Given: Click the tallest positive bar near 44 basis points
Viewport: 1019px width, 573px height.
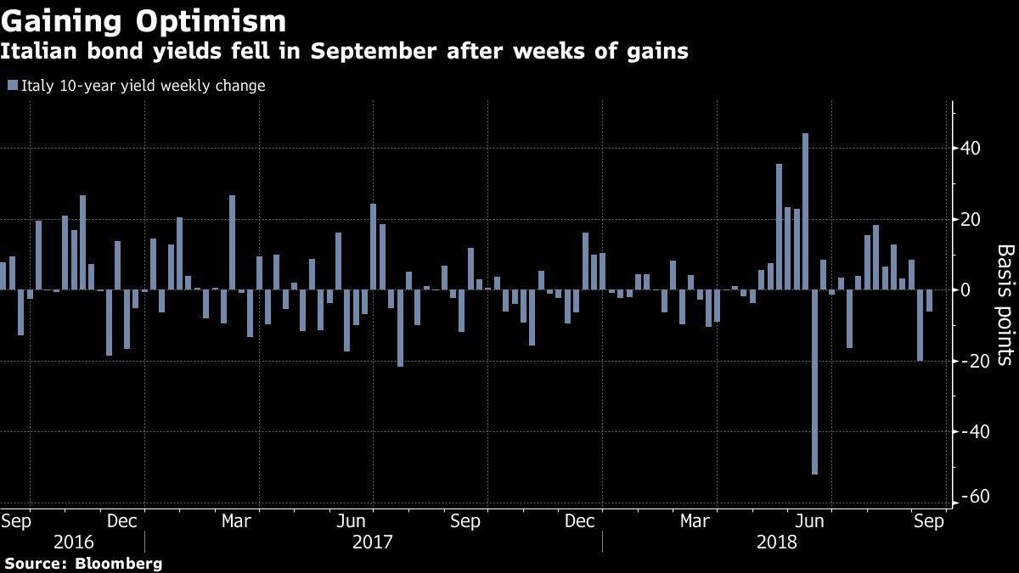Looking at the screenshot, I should (x=805, y=211).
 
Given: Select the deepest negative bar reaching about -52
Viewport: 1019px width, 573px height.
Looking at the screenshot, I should (x=814, y=382).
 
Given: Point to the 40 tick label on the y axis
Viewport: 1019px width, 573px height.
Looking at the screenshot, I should (x=971, y=149).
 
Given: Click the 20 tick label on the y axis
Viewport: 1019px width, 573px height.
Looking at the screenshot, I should (x=971, y=220).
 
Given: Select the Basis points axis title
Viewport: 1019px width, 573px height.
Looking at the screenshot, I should (x=1005, y=305).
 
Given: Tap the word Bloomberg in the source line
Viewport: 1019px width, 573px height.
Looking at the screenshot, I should (x=118, y=563).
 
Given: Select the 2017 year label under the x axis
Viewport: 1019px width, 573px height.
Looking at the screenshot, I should (x=372, y=542).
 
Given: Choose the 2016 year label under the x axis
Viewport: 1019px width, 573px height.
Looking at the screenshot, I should (x=73, y=542).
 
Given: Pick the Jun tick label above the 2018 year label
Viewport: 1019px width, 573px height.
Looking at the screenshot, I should (x=814, y=520).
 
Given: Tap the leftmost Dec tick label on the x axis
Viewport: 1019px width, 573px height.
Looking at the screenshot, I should (x=123, y=520).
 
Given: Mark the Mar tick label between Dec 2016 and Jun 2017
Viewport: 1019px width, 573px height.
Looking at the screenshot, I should (x=235, y=520).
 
